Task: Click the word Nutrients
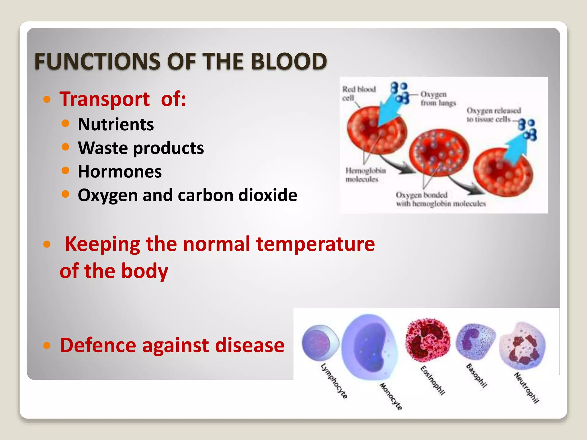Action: click(x=116, y=125)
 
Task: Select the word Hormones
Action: click(x=120, y=172)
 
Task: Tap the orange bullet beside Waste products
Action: click(x=66, y=147)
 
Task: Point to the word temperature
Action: click(x=315, y=244)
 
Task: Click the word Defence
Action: click(x=98, y=345)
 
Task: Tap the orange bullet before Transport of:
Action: click(x=47, y=99)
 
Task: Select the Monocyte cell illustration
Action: click(x=370, y=347)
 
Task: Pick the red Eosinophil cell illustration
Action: click(x=427, y=340)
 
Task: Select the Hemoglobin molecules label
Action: click(x=365, y=175)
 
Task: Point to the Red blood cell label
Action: click(x=358, y=93)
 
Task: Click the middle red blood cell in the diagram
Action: click(x=439, y=152)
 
